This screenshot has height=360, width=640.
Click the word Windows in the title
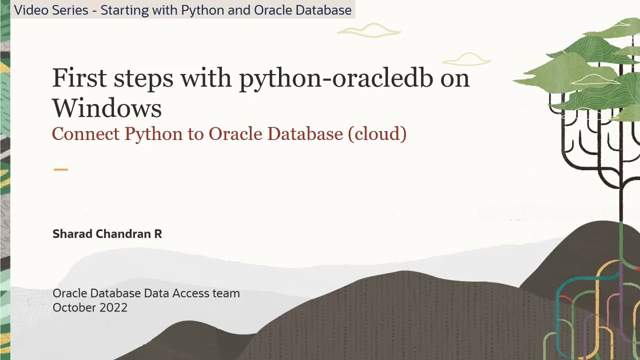(106, 108)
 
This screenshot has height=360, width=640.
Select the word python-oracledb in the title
(335, 78)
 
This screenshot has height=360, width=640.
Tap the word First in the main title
(79, 77)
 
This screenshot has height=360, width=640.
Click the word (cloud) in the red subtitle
(377, 134)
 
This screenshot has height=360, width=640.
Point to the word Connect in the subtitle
(85, 134)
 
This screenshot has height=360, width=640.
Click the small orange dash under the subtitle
(60, 169)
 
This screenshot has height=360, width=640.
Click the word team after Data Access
(226, 293)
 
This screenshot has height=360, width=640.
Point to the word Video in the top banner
(31, 10)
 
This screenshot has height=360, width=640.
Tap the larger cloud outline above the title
(369, 31)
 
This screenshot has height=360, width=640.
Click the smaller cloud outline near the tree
(466, 59)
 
